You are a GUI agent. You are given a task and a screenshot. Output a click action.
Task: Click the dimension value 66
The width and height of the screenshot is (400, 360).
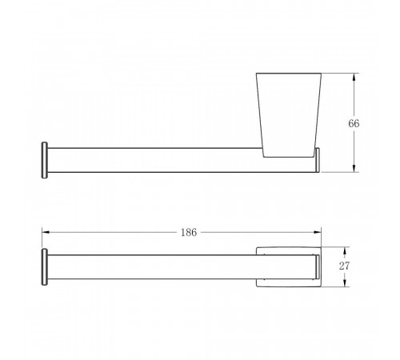click(x=354, y=123)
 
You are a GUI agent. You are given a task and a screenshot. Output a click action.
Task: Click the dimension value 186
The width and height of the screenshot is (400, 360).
click(x=189, y=233)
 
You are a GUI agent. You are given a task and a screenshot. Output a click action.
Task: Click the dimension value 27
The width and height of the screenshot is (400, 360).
click(x=344, y=266)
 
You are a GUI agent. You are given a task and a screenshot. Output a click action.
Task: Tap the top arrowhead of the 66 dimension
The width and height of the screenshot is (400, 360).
click(x=354, y=78)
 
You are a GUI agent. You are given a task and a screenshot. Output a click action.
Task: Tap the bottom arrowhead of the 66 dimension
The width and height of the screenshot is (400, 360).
click(x=354, y=168)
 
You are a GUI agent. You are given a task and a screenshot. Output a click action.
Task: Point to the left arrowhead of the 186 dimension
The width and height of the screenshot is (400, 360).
click(x=46, y=232)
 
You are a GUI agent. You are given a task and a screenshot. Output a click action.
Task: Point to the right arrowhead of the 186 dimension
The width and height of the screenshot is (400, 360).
click(x=318, y=232)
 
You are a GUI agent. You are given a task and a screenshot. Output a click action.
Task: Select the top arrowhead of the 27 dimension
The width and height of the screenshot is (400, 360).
click(x=345, y=251)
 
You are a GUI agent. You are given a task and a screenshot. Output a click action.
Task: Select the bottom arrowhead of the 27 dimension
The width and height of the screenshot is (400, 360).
click(x=345, y=283)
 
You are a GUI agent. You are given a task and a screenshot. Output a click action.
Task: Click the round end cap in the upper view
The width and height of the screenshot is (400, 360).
click(x=45, y=160)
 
